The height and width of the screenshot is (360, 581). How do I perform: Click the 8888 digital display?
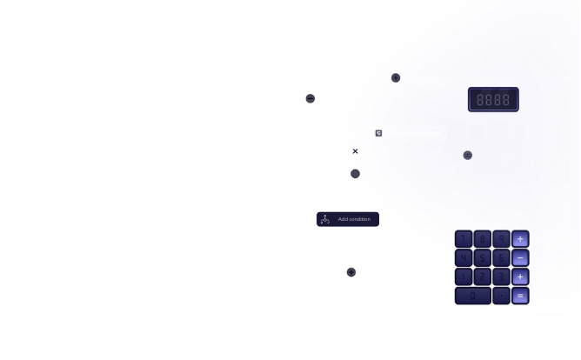coord(493,99)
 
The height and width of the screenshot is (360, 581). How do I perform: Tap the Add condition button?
coord(347,219)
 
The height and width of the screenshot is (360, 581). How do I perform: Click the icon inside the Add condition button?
coord(325,219)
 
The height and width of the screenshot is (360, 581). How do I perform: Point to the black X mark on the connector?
coord(355,151)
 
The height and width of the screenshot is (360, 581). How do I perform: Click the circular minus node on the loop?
coord(311,98)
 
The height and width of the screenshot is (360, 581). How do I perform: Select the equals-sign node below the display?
coord(468,155)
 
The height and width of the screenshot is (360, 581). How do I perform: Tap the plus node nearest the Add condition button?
coord(351,272)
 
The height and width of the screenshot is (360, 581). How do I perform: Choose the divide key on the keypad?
coord(520,238)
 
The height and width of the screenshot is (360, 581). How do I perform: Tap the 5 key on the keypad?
coord(482,257)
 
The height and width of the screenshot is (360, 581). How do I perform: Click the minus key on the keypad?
coord(520,257)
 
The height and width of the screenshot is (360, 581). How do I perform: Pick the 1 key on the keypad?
coord(463,277)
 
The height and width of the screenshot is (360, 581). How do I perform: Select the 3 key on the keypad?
coord(501,277)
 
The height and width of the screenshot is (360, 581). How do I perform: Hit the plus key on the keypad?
coord(520,277)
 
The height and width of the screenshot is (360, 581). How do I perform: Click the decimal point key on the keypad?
coord(501,296)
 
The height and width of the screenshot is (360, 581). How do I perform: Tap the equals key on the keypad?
coord(520,296)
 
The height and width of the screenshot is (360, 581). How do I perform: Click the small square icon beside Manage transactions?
coord(378,133)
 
